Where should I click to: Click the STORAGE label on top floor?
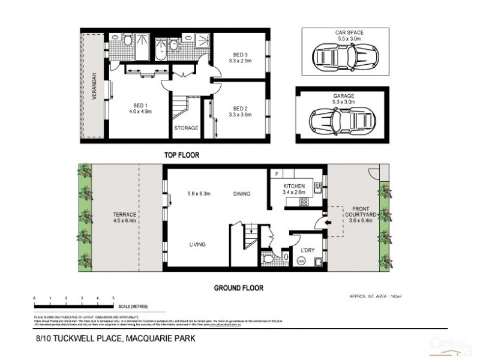[x=186, y=129]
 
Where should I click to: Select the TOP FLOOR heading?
[x=182, y=155]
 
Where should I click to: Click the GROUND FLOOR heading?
[x=239, y=287]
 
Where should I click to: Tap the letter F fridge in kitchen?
[x=276, y=173]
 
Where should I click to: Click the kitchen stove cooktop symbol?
[x=304, y=202]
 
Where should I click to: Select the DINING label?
[x=242, y=194]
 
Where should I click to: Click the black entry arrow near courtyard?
[x=326, y=223]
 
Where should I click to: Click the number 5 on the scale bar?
[x=113, y=298]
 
